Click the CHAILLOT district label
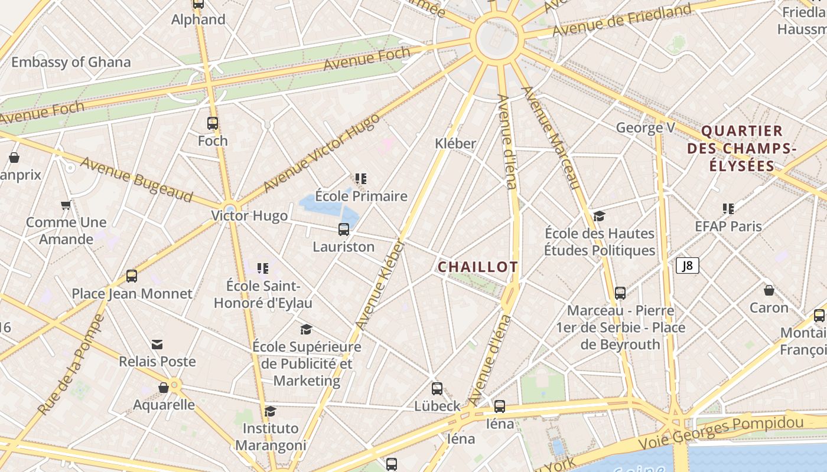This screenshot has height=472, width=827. [x=477, y=267]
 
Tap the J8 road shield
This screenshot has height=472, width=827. [x=687, y=265]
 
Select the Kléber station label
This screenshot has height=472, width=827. [x=455, y=143]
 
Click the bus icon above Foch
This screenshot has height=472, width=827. [x=213, y=123]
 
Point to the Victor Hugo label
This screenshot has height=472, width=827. [x=250, y=216]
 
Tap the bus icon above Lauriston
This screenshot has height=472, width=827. [x=343, y=230]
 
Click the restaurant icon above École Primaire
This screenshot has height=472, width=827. [x=361, y=179]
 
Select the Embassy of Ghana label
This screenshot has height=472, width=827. [x=71, y=62]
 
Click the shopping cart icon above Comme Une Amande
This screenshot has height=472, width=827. [x=66, y=205]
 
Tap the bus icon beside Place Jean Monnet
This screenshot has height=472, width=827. [x=132, y=276]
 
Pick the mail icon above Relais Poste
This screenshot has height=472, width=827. [x=157, y=345]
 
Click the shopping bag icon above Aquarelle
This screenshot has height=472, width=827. [x=164, y=388]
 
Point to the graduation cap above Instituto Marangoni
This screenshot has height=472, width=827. [x=270, y=411]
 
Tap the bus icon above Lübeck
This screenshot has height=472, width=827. [x=437, y=389]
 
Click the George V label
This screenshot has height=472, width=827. [x=645, y=127]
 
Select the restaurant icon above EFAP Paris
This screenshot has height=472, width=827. [x=728, y=209]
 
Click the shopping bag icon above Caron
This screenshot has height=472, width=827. [x=769, y=290]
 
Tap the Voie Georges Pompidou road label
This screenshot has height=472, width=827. [x=721, y=432]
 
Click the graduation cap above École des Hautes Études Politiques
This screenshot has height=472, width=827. [x=600, y=216]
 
